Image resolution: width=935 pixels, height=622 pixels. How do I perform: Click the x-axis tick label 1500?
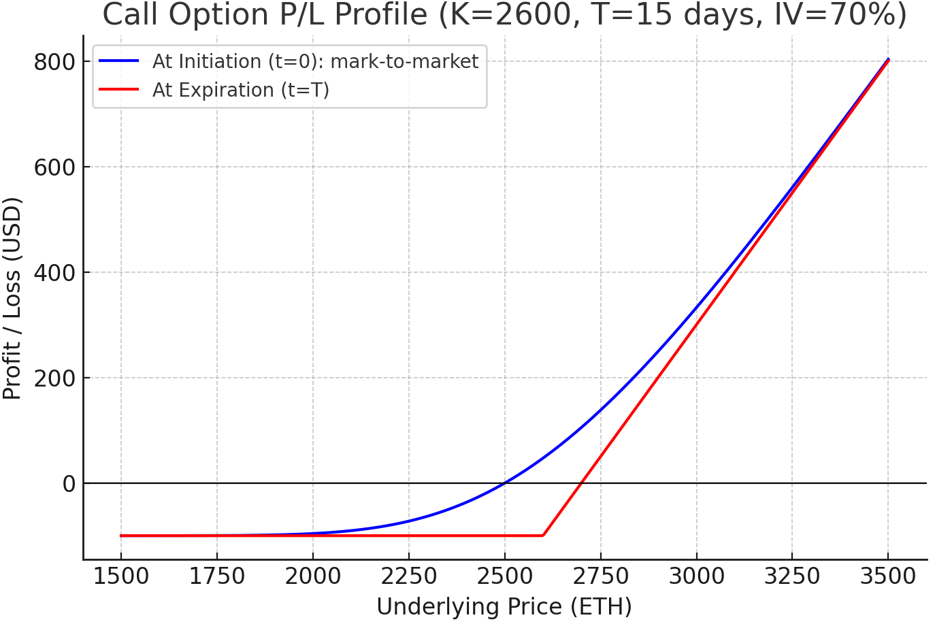point(121,577)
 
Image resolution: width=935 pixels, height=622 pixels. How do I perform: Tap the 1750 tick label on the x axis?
point(217,577)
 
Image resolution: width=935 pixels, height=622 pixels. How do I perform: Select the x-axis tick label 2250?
point(409,577)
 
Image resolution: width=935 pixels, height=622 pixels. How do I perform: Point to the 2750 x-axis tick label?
point(601,577)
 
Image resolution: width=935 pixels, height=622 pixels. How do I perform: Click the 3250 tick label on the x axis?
point(792,577)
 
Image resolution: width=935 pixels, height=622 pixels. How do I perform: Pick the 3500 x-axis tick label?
point(888,577)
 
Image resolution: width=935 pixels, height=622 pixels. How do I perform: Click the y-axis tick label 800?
point(54,62)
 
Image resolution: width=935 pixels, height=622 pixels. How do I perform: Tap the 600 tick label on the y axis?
point(54,167)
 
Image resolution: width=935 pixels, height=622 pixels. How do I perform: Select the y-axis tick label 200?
point(54,378)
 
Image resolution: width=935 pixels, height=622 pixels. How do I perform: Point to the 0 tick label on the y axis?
point(69,484)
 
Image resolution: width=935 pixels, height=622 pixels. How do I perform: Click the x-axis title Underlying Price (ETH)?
point(504,606)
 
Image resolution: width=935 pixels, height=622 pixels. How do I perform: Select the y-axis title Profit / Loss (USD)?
point(12,298)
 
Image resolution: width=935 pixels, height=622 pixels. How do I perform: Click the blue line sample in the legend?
point(119,61)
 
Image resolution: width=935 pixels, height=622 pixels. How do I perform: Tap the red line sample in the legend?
point(119,90)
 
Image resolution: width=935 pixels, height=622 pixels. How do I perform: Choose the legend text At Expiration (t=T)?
point(241,90)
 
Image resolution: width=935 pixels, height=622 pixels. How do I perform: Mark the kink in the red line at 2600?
point(542,536)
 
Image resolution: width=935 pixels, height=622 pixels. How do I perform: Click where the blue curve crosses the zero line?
point(504,483)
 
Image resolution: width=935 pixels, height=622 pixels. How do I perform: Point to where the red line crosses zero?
point(580,483)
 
